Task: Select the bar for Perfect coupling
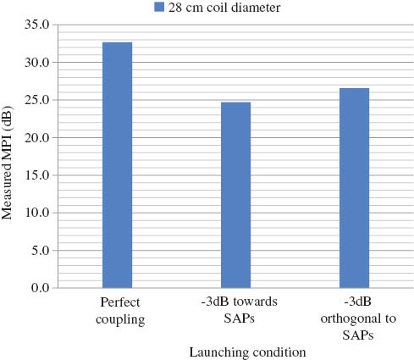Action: pyautogui.click(x=117, y=165)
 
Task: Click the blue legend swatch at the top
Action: pyautogui.click(x=159, y=8)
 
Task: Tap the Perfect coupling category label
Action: pyautogui.click(x=117, y=311)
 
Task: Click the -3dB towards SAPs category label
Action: pyautogui.click(x=235, y=311)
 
